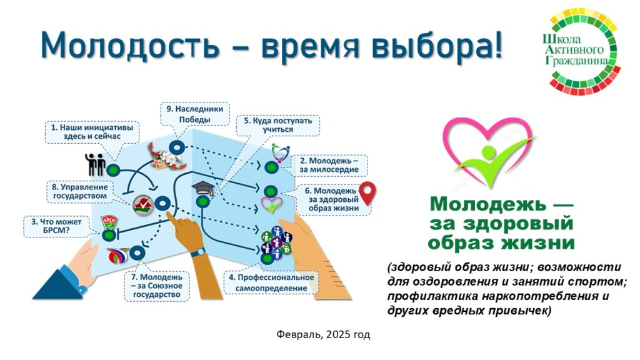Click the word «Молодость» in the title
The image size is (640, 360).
(x=130, y=45)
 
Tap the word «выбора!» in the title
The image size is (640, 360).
(x=436, y=45)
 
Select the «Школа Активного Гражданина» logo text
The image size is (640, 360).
(x=575, y=50)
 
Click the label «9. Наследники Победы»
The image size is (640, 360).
(x=195, y=114)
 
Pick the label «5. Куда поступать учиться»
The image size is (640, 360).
(x=278, y=125)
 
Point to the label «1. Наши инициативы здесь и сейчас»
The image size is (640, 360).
(x=92, y=132)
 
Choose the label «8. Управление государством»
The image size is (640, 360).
(x=80, y=191)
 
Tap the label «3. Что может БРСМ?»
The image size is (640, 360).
(x=56, y=226)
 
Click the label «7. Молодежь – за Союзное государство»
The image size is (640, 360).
(x=157, y=286)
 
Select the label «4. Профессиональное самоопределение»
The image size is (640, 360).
(x=271, y=282)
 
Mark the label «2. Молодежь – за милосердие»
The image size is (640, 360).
(x=329, y=165)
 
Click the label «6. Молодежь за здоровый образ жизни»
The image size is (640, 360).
(x=334, y=199)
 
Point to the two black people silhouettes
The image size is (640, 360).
(x=95, y=164)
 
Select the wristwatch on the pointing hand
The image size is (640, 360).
(x=198, y=252)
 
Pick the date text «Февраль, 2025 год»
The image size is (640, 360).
(x=323, y=335)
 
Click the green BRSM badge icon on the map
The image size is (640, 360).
(x=109, y=222)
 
